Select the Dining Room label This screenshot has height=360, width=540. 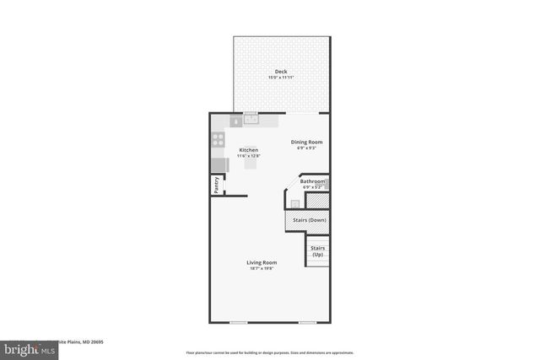307,142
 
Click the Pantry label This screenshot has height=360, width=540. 216,185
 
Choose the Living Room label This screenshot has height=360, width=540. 262,262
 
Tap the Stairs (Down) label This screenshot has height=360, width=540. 310,220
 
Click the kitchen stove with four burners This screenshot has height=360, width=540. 219,141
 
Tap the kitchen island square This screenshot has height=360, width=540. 251,164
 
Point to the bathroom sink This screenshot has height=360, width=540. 294,202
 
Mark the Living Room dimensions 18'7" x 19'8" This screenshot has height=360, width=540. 262,269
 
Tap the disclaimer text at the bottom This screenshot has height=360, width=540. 269,352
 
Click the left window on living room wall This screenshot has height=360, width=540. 239,322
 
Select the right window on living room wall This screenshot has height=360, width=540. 307,322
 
